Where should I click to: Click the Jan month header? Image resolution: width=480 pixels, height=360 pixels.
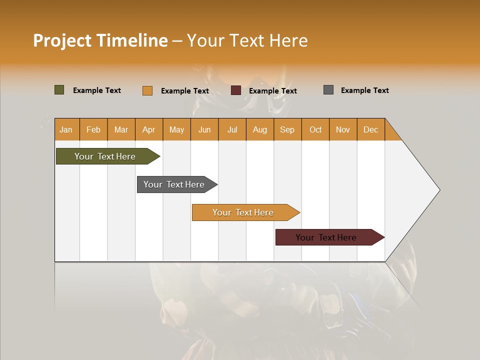tap(66, 129)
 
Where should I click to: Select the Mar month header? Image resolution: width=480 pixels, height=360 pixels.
tap(121, 129)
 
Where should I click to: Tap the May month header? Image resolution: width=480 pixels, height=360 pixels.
tap(176, 129)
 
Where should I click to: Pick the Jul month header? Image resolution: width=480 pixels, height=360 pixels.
tap(232, 129)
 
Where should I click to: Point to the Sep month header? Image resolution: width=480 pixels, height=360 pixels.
tap(287, 129)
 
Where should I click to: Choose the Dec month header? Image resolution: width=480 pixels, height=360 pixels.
tap(370, 129)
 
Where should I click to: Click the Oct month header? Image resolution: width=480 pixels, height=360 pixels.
tap(315, 129)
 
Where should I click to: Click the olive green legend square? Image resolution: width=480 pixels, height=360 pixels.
tap(59, 90)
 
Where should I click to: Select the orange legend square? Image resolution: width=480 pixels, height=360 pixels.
tap(147, 90)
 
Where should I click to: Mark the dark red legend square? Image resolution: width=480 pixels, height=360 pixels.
tap(236, 90)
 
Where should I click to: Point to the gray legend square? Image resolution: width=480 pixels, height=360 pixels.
tap(328, 90)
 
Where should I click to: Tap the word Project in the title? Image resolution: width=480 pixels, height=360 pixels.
tap(62, 40)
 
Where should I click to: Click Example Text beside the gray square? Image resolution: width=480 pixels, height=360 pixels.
tap(364, 90)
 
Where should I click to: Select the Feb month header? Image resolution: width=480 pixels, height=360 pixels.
tap(93, 129)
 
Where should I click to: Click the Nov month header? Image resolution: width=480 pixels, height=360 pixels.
tap(343, 129)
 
